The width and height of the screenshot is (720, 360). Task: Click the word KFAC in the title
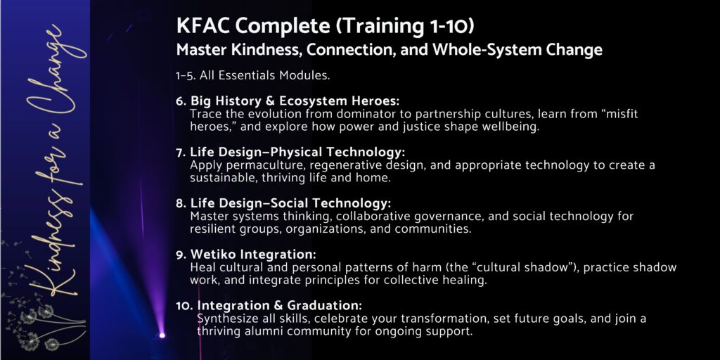pyautogui.click(x=203, y=27)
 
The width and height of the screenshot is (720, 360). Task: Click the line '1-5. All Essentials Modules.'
pyautogui.click(x=253, y=76)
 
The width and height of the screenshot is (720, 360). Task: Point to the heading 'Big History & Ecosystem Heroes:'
pyautogui.click(x=295, y=101)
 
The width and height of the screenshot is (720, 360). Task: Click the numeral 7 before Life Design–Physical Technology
pyautogui.click(x=179, y=152)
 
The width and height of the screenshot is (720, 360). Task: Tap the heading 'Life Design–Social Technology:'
pyautogui.click(x=290, y=202)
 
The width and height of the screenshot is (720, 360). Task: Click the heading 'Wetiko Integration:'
pyautogui.click(x=253, y=254)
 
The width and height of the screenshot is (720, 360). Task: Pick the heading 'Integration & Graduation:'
pyautogui.click(x=280, y=305)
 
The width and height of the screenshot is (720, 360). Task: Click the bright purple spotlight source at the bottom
pyautogui.click(x=162, y=335)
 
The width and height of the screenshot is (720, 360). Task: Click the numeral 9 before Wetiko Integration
pyautogui.click(x=179, y=255)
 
